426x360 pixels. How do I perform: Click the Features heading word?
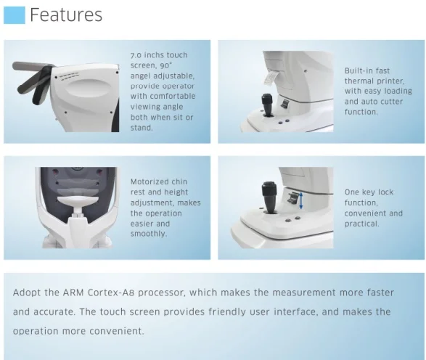[x=66, y=15]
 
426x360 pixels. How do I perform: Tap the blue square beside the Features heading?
[x=15, y=15]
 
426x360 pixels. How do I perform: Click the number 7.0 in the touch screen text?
[x=136, y=55]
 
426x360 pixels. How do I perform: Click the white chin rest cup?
[x=78, y=201]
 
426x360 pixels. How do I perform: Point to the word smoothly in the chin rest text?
[x=149, y=234]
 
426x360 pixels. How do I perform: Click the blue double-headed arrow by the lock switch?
[x=300, y=201]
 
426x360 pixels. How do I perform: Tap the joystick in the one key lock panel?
[x=269, y=197]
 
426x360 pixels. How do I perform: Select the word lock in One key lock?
[x=385, y=192]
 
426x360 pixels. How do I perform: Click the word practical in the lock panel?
[x=361, y=224]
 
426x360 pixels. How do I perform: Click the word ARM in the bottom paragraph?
[x=73, y=292]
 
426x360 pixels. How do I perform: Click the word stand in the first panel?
[x=142, y=128]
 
